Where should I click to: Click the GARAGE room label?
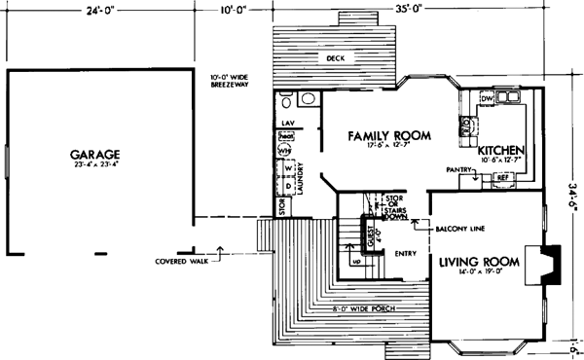(x=94, y=155)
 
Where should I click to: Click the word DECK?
(x=336, y=59)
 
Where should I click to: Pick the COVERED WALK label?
(x=183, y=261)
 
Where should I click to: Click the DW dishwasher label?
(x=487, y=98)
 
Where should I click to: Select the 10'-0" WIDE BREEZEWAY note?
(x=233, y=82)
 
